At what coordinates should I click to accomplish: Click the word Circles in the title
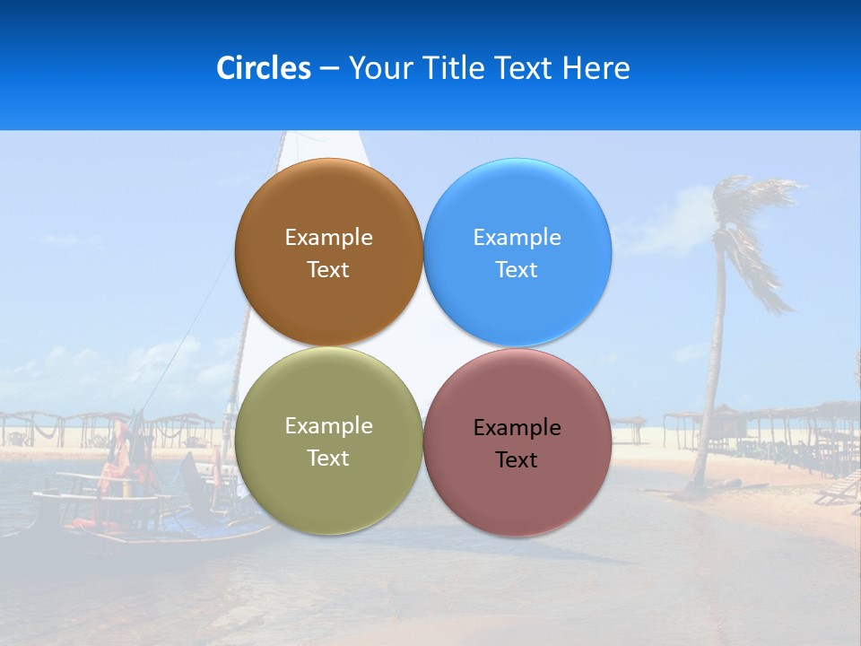[x=263, y=68]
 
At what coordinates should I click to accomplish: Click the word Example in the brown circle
[x=328, y=238]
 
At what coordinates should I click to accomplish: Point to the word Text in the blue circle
[x=517, y=270]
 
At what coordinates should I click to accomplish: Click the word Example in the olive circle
[x=328, y=426]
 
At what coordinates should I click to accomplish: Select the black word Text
[x=517, y=460]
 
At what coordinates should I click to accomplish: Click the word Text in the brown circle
[x=328, y=270]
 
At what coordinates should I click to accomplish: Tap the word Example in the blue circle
[x=517, y=238]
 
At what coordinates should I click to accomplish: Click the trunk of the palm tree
[x=714, y=377]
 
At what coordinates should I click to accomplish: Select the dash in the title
[x=329, y=69]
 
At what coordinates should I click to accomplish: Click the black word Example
[x=517, y=428]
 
